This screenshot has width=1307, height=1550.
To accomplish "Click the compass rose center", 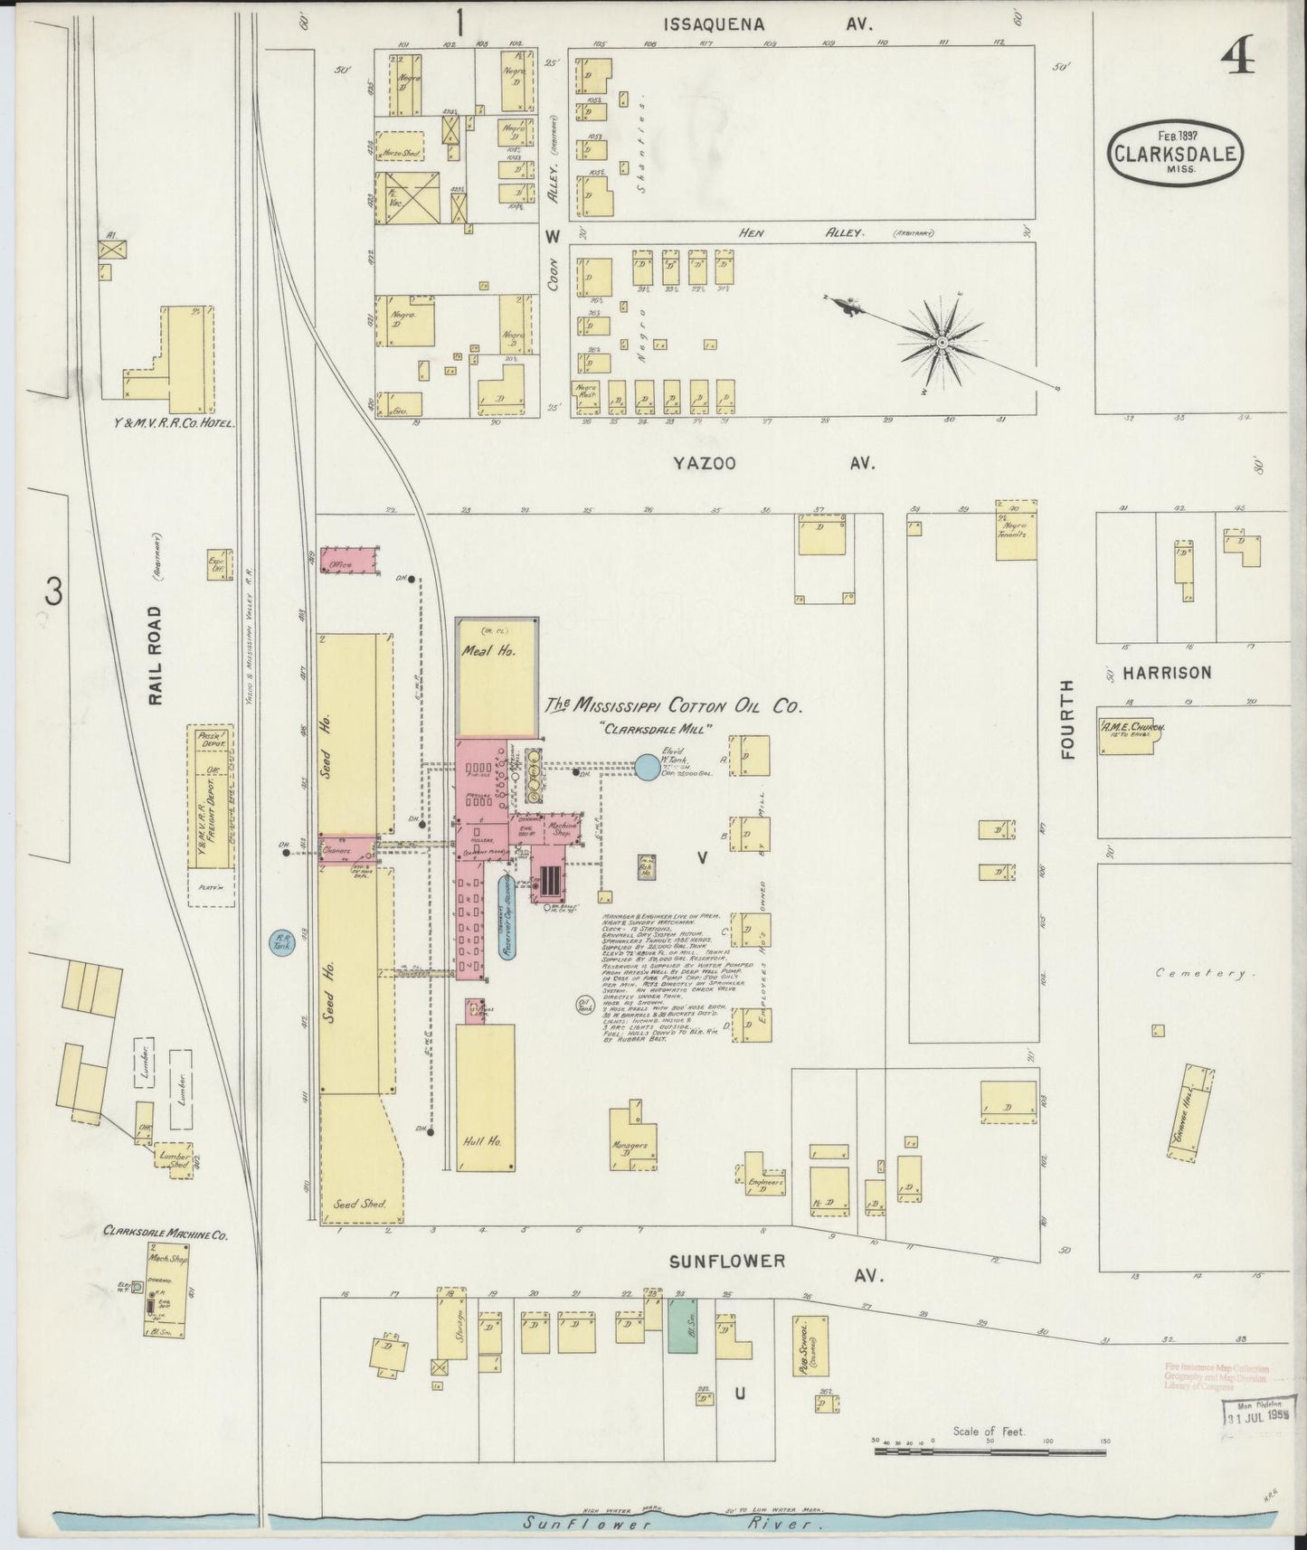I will (x=942, y=343).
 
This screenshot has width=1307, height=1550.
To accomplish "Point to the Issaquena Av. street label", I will (x=767, y=25).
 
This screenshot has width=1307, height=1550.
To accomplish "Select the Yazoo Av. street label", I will (x=773, y=463).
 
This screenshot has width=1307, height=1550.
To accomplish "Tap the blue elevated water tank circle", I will (x=648, y=768).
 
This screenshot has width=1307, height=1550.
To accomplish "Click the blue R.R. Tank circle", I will (x=282, y=943).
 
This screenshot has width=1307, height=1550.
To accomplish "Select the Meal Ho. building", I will (x=496, y=678).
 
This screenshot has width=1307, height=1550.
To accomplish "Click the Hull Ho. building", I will (x=485, y=1096).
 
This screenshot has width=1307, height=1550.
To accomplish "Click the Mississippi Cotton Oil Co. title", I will (x=674, y=707).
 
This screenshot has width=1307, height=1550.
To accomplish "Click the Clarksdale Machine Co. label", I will (x=165, y=1231).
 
